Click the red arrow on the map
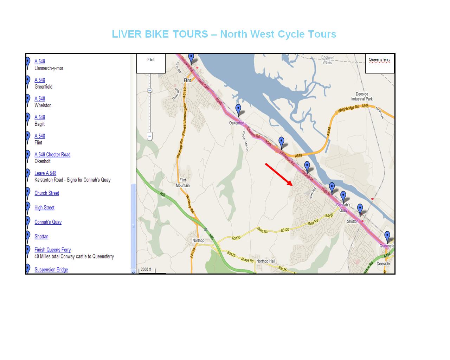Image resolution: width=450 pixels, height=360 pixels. coord(279,174)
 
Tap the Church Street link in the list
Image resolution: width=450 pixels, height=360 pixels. coord(47,193)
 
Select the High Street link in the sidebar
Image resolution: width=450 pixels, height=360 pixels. coord(45,207)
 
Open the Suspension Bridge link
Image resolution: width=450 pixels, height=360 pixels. coord(51,270)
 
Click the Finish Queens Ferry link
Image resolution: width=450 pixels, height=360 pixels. coord(53,250)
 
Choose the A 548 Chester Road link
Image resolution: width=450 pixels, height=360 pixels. coord(52,154)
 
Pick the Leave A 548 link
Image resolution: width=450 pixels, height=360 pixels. coord(45,173)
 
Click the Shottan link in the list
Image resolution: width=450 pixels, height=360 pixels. coord(41,236)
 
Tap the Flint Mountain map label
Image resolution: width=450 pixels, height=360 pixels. coord(183,183)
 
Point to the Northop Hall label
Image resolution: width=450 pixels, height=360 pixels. coord(266,261)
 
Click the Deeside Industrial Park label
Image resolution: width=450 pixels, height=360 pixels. coord(362,96)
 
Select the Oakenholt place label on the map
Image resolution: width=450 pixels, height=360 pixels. coord(237,123)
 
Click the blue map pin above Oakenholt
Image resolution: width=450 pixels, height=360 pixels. coord(238,109)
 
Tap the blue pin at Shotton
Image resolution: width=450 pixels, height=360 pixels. coord(360,209)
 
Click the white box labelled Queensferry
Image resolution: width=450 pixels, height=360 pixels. coord(380,64)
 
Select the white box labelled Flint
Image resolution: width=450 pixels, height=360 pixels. coord(151,64)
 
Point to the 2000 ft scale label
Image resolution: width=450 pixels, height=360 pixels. coord(146,270)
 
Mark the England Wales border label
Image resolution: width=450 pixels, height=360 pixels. coord(327,60)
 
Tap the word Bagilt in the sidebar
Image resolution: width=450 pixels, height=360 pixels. coord(40,124)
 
